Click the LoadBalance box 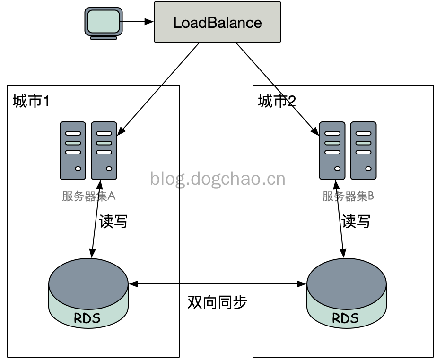pyautogui.click(x=217, y=22)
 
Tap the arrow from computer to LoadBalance pyautogui.click(x=137, y=21)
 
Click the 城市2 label pyautogui.click(x=277, y=101)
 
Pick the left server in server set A pyautogui.click(x=73, y=151)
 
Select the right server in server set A pyautogui.click(x=104, y=151)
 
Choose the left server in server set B pyautogui.click(x=332, y=151)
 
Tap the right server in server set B pyautogui.click(x=363, y=151)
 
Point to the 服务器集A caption pyautogui.click(x=89, y=196)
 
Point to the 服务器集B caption pyautogui.click(x=348, y=196)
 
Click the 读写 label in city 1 pyautogui.click(x=113, y=221)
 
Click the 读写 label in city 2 pyautogui.click(x=356, y=221)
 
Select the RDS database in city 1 pyautogui.click(x=88, y=293)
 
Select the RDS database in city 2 pyautogui.click(x=346, y=293)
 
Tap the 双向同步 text pyautogui.click(x=217, y=302)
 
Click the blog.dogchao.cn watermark pyautogui.click(x=218, y=179)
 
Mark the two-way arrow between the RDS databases pyautogui.click(x=218, y=284)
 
